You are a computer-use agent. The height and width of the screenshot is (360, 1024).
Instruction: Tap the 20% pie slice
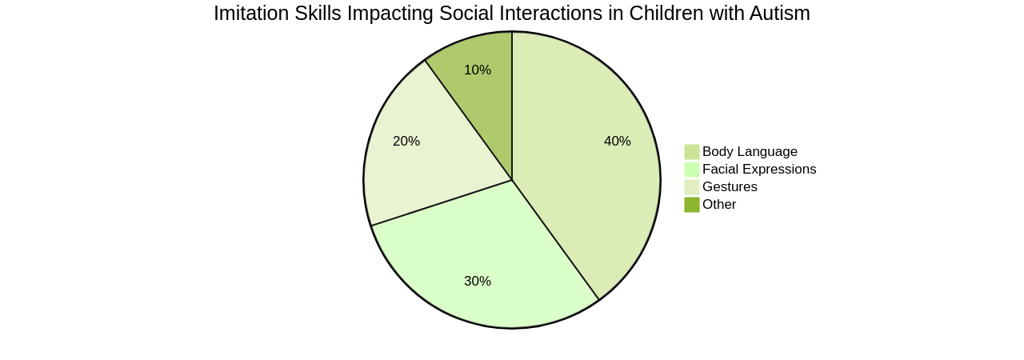432,160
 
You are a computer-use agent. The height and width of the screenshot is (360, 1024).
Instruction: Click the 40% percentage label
618,142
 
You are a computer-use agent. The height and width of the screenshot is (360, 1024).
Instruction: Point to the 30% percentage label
478,282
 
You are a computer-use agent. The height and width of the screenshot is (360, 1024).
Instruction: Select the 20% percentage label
406,142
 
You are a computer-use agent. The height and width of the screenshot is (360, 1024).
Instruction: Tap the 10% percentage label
478,70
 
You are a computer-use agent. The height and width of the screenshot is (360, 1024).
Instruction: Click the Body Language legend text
750,152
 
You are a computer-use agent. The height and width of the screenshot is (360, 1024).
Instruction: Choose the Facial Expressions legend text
759,170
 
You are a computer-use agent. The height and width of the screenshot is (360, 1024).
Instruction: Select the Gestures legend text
730,187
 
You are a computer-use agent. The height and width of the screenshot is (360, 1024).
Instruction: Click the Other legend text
719,205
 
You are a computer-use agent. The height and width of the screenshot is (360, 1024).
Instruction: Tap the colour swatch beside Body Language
692,152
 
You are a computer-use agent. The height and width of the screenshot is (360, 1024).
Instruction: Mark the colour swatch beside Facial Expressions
692,170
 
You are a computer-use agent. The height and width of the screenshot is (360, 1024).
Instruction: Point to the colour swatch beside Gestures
692,187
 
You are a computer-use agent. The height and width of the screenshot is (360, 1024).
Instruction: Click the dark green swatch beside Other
692,205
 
